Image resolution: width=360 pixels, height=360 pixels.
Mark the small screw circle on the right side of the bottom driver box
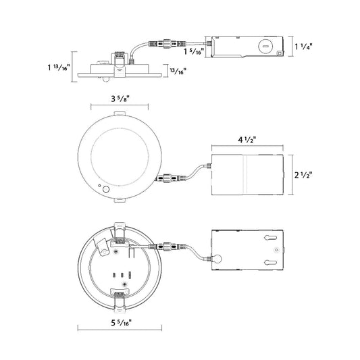click(x=275, y=250)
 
